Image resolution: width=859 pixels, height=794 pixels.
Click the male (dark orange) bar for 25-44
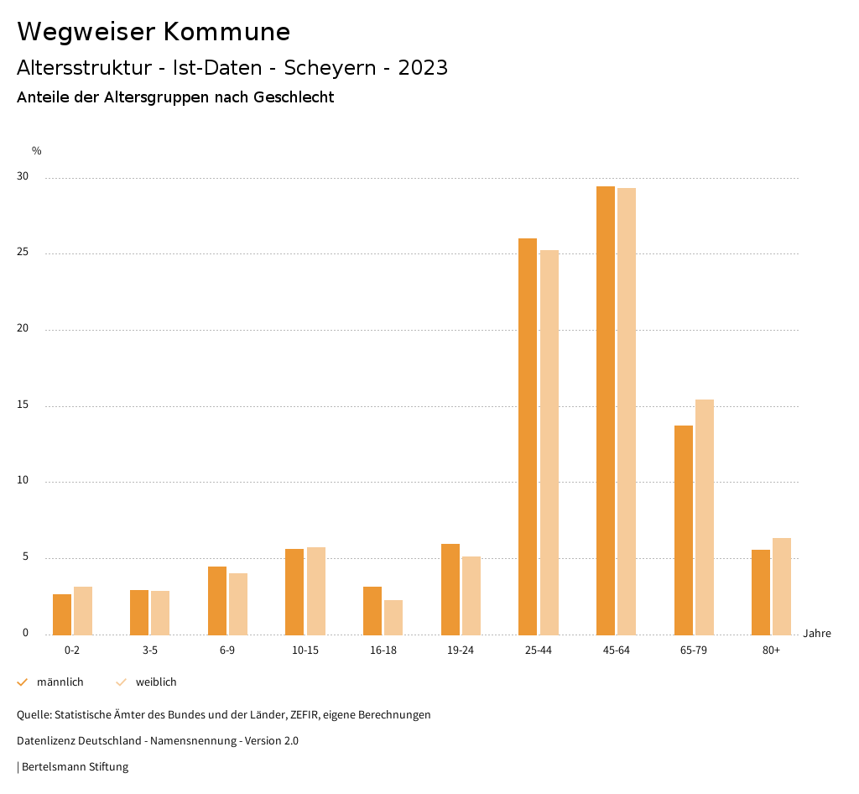[528, 436]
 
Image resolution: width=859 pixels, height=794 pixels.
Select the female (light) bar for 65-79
[705, 517]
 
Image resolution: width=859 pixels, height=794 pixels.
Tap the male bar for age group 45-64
[606, 410]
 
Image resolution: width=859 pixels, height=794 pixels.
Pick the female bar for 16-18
[393, 617]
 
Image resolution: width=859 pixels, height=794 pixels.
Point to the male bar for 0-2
[62, 614]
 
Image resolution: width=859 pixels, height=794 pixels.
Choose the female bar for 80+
[782, 586]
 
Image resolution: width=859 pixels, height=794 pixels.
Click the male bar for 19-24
[450, 589]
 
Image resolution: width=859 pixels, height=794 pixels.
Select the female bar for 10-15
[316, 591]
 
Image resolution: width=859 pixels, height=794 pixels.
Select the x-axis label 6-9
[227, 650]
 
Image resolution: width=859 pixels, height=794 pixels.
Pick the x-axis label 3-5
[149, 650]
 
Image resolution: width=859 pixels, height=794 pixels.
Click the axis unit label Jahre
[817, 634]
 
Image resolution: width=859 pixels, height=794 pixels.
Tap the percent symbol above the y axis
[36, 151]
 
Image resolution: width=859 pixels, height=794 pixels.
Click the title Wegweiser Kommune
[154, 32]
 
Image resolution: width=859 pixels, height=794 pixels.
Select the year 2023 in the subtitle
[423, 68]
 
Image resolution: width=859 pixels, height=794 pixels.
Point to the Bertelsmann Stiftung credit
[75, 767]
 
